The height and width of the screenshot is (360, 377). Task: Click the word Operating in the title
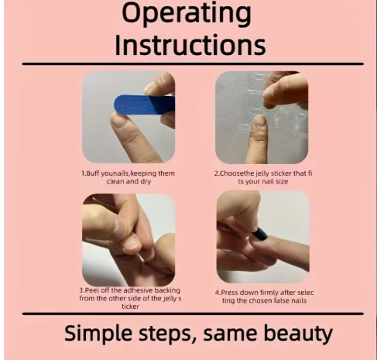pos(187,14)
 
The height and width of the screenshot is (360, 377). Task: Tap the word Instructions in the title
pos(190,45)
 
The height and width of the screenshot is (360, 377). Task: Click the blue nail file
pos(145,105)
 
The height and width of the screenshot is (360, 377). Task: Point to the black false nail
pos(259,234)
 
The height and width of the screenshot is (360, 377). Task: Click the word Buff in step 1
pos(93,173)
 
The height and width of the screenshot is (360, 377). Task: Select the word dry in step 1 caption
pos(146,181)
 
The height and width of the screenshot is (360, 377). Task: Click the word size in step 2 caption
pos(282,181)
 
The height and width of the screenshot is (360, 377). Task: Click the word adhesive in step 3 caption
pos(138,290)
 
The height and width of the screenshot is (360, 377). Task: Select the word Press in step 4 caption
pos(230,293)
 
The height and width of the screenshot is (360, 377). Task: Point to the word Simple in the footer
pos(99,334)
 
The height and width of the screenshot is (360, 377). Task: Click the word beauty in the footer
pos(298,334)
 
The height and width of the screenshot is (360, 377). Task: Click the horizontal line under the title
pos(193,63)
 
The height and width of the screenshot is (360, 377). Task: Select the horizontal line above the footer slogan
pos(193,314)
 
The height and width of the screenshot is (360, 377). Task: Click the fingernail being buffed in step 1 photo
pos(119,121)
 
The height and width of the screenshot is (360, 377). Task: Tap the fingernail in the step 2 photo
pos(259,121)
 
